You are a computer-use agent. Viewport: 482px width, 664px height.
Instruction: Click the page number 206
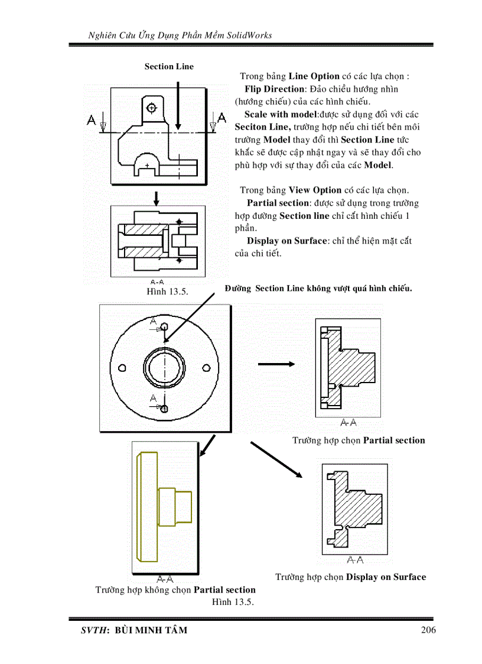click(428, 630)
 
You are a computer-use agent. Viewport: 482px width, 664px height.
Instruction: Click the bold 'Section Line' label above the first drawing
click(169, 66)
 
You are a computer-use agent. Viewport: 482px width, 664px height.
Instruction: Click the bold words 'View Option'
click(315, 190)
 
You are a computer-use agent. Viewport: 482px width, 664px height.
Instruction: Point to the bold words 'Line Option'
click(314, 76)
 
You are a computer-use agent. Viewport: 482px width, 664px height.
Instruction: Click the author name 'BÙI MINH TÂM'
click(150, 630)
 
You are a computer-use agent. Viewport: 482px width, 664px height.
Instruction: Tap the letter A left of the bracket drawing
click(92, 120)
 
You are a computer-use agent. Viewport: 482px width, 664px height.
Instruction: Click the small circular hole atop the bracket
click(152, 108)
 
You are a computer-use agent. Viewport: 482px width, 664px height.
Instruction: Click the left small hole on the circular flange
click(122, 368)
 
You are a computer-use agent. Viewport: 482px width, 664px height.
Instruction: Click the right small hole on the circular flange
click(206, 368)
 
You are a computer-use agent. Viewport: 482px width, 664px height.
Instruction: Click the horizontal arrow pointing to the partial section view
click(276, 364)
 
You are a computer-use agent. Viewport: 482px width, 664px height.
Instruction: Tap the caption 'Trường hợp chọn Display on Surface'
click(350, 577)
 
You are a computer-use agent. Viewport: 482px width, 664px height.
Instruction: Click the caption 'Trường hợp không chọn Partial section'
click(175, 590)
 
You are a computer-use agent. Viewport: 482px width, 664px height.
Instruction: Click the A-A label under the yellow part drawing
click(165, 578)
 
